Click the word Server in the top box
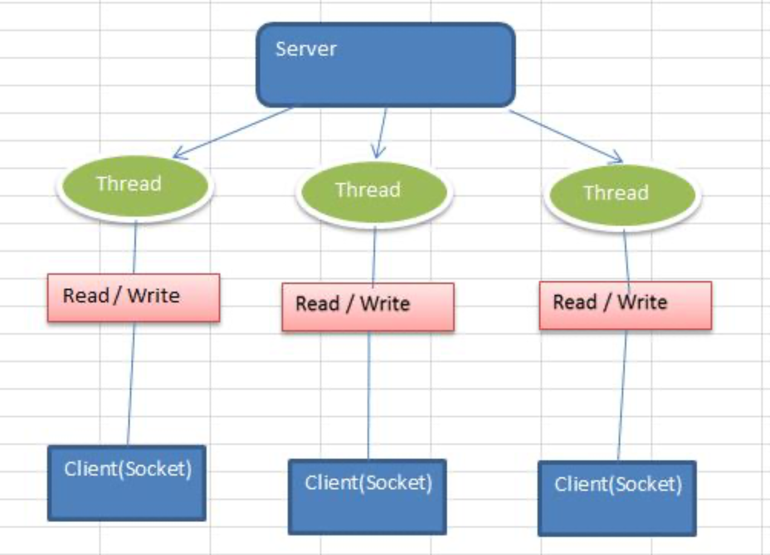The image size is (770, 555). coord(306,49)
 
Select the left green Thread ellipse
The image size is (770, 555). coord(135,186)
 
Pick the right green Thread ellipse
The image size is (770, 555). coord(622,196)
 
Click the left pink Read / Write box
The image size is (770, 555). coord(134,298)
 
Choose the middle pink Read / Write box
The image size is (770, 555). coord(368,307)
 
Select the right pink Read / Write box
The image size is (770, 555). coord(625,305)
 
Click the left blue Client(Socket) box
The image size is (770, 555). coord(127,483)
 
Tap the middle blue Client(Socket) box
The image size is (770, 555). coord(367,497)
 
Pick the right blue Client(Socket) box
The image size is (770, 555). coord(617,499)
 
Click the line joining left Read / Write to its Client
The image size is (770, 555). coord(131,384)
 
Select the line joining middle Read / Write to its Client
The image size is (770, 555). coord(368,395)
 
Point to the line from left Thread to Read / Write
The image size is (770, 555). coord(135,247)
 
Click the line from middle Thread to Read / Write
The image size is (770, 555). coord(374,255)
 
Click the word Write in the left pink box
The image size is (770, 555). coord(154,295)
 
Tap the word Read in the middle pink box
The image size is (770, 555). coord(317,304)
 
